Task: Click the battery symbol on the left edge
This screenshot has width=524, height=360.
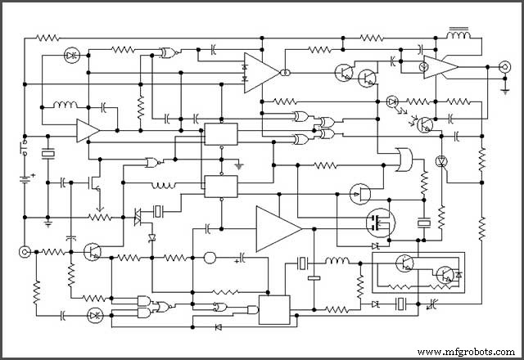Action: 25,177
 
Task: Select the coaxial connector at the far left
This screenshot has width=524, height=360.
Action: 24,251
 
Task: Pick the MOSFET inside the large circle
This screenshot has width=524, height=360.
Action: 379,222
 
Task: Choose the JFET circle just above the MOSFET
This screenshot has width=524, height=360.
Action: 359,194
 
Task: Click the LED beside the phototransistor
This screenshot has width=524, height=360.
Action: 392,101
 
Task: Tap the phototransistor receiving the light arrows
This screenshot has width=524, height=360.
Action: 426,124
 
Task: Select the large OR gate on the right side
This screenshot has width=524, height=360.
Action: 403,159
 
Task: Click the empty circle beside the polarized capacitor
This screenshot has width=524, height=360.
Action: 209,259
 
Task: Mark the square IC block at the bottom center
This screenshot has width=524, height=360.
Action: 274,308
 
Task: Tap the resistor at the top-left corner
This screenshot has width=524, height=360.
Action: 47,38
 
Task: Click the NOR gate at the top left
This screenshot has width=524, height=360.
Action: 169,52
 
